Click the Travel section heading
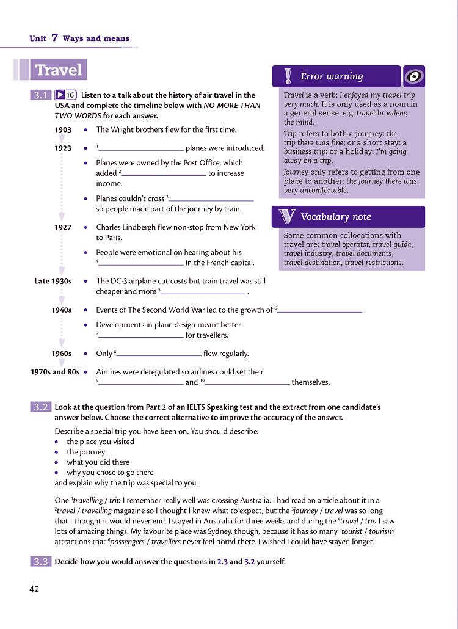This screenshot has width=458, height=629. pos(59,70)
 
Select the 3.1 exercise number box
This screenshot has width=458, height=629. pos(41,95)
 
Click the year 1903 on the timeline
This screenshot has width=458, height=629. pos(63,130)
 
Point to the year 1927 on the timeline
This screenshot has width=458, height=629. pos(63,227)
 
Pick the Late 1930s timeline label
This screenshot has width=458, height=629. pos(53,282)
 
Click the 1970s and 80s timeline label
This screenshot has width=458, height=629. pos(55,371)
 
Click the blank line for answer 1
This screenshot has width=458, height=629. pos(141,149)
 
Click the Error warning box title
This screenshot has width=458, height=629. pos(332,76)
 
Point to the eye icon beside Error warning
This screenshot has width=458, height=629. pos(414,76)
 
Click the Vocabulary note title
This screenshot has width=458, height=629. pos(335,217)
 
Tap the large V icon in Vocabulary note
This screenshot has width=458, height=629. pos(287,217)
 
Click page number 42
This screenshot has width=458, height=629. pos(34,589)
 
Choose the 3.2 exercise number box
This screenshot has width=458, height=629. pos(41,407)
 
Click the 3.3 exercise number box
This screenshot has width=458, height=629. pos(41,561)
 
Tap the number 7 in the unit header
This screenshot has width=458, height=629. pos(54,38)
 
